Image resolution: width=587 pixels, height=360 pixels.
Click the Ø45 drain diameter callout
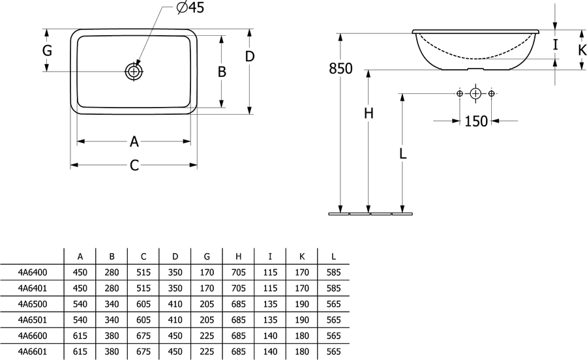(190, 7)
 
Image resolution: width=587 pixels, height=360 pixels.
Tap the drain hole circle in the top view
(134, 71)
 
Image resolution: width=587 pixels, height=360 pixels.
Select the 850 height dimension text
(340, 68)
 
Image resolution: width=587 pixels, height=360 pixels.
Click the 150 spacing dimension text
(476, 121)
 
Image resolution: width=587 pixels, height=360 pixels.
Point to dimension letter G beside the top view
(47, 50)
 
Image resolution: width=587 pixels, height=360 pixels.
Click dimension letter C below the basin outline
(134, 165)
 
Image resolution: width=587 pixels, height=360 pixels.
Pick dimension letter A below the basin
(134, 142)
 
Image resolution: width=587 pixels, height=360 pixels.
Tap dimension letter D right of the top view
(250, 57)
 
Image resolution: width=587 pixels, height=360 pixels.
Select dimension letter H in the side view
(369, 113)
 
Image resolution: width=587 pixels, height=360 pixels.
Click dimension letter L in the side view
(403, 153)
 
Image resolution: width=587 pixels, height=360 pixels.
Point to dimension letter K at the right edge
(582, 50)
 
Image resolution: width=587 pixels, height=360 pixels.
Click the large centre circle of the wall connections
(475, 93)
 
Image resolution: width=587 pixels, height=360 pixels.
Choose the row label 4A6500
(33, 305)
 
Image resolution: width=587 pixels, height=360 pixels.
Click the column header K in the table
(302, 257)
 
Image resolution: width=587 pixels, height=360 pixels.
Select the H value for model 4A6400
(239, 273)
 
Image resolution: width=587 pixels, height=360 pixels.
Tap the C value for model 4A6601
(143, 352)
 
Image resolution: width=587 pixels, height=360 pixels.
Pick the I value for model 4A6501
(270, 320)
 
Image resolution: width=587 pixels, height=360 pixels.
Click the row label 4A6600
(33, 336)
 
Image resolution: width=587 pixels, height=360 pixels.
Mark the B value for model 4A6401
(112, 288)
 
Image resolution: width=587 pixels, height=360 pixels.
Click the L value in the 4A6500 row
(333, 305)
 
